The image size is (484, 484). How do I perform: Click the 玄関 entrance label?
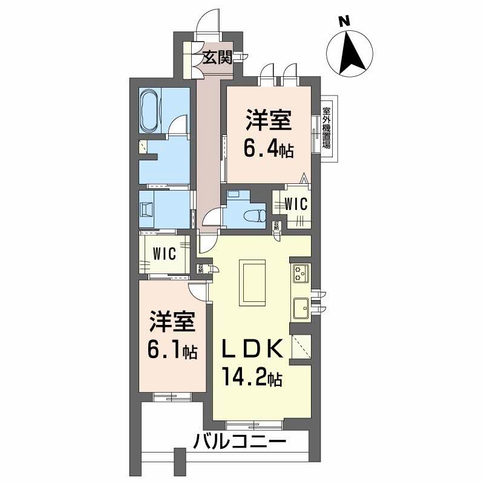[x=217, y=58]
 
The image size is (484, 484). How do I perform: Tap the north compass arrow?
[x=349, y=51]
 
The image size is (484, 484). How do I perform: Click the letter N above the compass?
[x=345, y=22]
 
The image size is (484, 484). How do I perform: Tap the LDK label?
[x=253, y=350]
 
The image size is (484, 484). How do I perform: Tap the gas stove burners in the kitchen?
[x=301, y=273]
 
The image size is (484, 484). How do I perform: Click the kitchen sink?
[x=301, y=308]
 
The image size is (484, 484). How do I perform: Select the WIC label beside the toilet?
[x=295, y=204]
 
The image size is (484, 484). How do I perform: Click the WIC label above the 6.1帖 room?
[x=164, y=253]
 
